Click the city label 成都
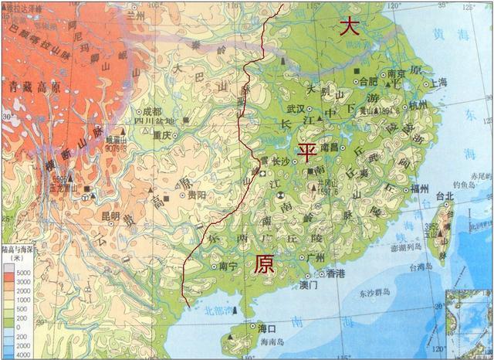pyautogui.click(x=153, y=111)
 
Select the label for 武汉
pyautogui.click(x=296, y=110)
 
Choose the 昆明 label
pyautogui.click(x=110, y=216)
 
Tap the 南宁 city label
pyautogui.click(x=228, y=267)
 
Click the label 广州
pyautogui.click(x=315, y=257)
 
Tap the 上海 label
pyautogui.click(x=439, y=81)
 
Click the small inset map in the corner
pyautogui.click(x=469, y=324)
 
